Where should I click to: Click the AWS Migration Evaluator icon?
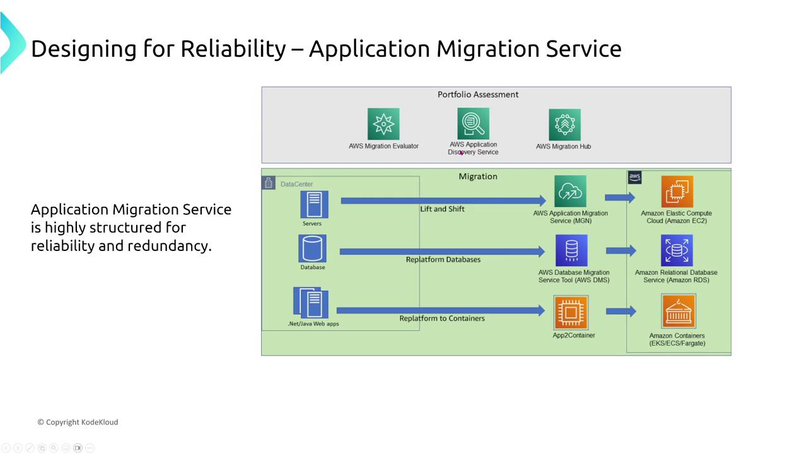click(x=383, y=124)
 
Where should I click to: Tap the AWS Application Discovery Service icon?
click(x=473, y=123)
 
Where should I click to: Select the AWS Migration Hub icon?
click(x=564, y=124)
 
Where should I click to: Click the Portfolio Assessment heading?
click(x=478, y=95)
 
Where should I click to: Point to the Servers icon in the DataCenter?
click(x=313, y=204)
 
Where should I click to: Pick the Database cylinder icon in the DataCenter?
click(x=312, y=248)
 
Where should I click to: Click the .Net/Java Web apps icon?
click(x=311, y=303)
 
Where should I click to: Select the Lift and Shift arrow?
click(x=441, y=201)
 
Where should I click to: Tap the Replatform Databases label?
click(x=443, y=260)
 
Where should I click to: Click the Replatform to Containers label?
click(x=441, y=318)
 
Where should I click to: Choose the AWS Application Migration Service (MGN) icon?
click(x=570, y=192)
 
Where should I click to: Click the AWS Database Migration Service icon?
click(x=571, y=250)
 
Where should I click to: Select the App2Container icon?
click(x=571, y=312)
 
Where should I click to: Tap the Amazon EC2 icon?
click(x=676, y=192)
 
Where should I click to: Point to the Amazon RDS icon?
click(x=676, y=250)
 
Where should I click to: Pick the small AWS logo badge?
click(x=634, y=177)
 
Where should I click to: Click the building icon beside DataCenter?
click(x=269, y=183)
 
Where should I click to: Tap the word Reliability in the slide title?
click(x=233, y=49)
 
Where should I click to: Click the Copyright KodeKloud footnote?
click(x=78, y=422)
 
